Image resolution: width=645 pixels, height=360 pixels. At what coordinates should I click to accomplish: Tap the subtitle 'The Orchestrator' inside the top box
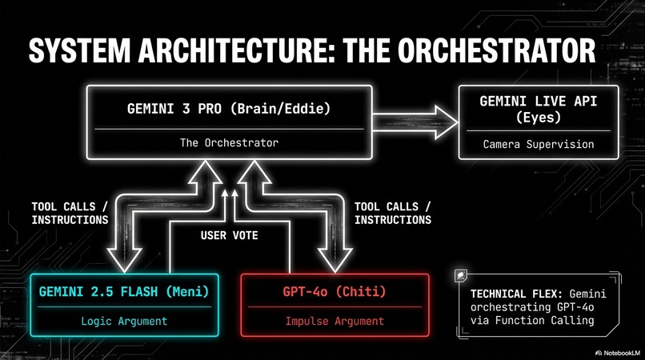(x=230, y=143)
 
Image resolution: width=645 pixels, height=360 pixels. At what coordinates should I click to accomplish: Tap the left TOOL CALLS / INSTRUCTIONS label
(x=70, y=212)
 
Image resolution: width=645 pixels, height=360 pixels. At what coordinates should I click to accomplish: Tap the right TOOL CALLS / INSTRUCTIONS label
(x=392, y=212)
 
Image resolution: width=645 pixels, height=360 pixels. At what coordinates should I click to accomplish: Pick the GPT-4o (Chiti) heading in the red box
(x=335, y=290)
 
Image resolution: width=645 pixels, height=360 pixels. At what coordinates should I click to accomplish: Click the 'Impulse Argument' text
(x=335, y=321)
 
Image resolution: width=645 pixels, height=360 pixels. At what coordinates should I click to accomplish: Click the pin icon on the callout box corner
(x=462, y=275)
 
